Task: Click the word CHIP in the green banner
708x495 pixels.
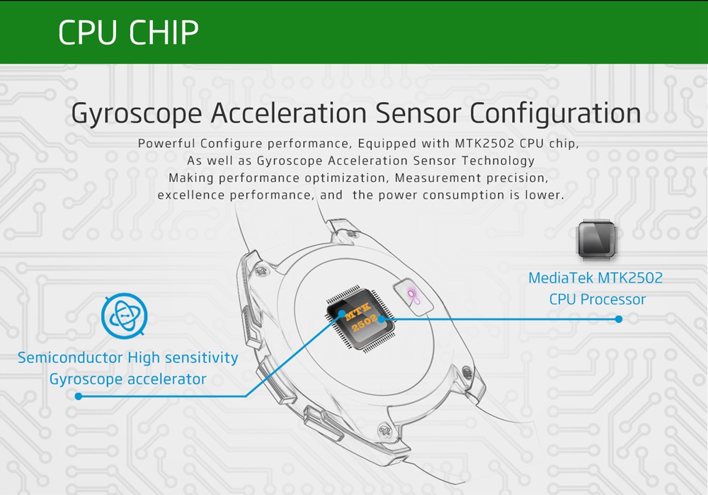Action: [x=164, y=33]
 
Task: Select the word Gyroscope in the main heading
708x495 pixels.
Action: [x=137, y=114]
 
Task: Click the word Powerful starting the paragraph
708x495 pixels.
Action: [x=166, y=144]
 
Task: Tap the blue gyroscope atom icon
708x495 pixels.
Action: [x=124, y=316]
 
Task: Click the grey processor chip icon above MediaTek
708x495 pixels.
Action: [x=596, y=240]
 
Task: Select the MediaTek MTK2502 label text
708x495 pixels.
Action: [x=595, y=278]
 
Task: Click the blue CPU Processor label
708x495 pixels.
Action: [x=598, y=300]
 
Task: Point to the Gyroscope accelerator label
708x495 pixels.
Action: [x=127, y=380]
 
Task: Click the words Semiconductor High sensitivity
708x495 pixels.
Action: [x=127, y=358]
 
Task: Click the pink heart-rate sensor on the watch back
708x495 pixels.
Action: [x=413, y=297]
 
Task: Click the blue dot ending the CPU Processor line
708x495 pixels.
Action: [x=619, y=319]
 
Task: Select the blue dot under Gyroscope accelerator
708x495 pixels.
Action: [x=79, y=397]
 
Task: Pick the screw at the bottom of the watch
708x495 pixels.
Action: [x=385, y=428]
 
